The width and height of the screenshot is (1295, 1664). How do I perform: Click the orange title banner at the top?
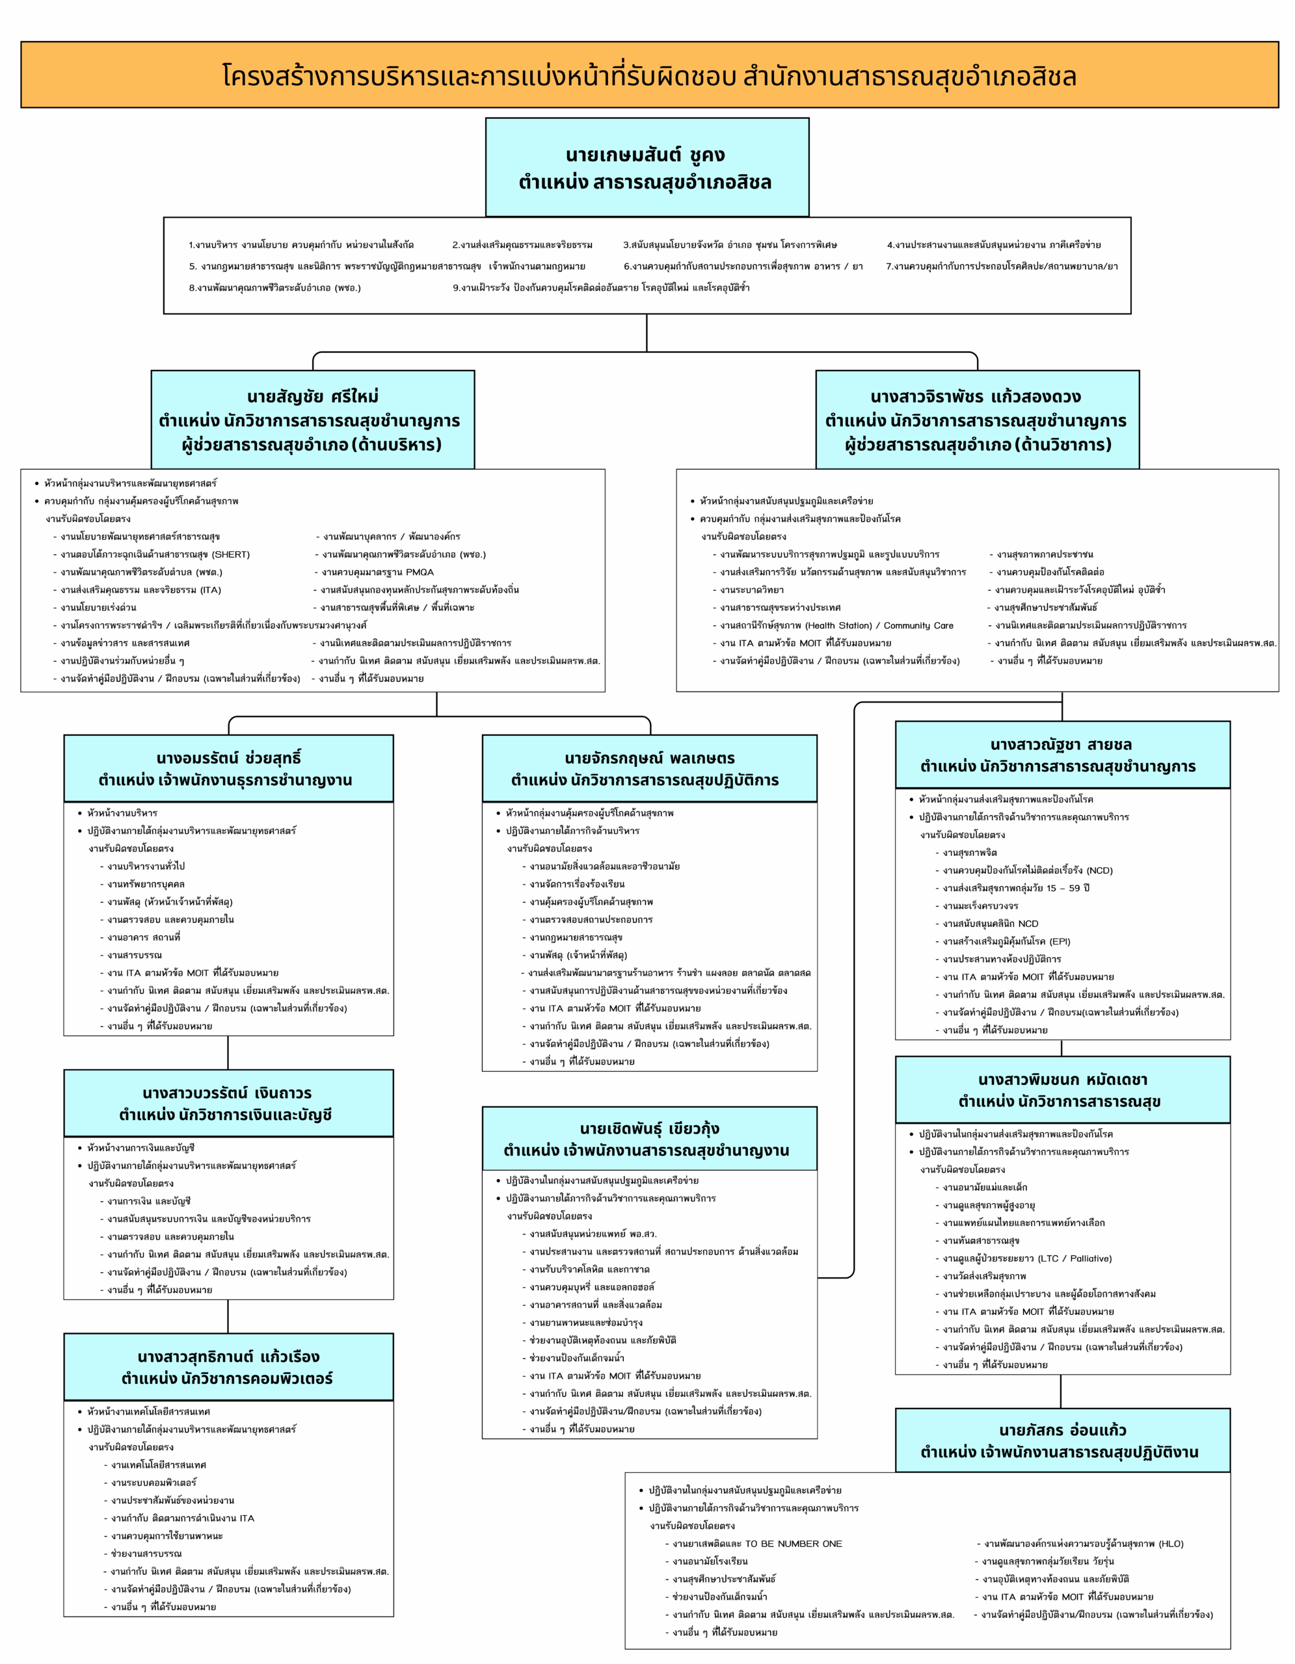(648, 75)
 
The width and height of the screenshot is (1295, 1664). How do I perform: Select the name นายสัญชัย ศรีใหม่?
(312, 396)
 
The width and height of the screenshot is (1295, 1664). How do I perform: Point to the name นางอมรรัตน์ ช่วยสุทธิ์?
(229, 758)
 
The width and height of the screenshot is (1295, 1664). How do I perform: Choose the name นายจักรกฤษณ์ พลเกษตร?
(649, 758)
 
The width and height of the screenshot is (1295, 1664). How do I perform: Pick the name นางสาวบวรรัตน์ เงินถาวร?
(227, 1093)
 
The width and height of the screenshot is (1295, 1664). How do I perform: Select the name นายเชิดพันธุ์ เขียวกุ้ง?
(649, 1128)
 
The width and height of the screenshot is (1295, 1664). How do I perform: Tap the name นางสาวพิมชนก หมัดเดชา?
(1063, 1079)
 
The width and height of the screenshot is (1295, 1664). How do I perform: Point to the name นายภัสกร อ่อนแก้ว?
(1063, 1429)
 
